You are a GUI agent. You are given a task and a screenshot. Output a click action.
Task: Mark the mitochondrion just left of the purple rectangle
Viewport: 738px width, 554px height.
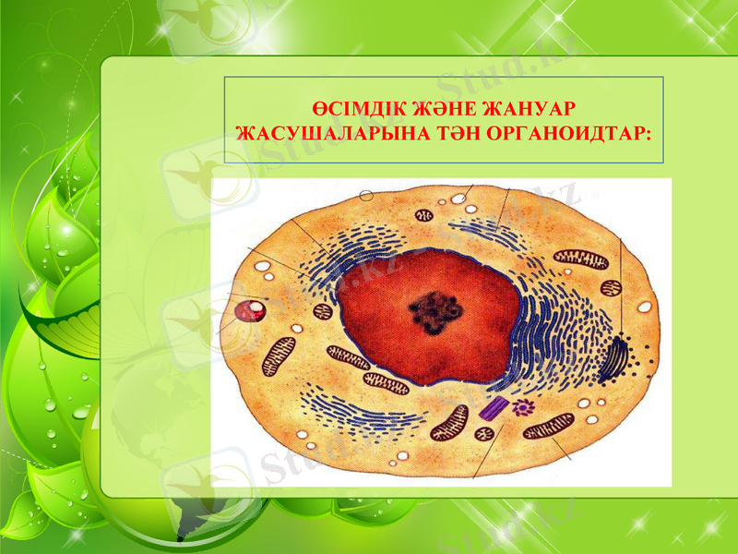[x=451, y=422]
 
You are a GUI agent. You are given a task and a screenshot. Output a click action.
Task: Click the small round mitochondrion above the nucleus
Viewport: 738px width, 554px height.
[x=423, y=216]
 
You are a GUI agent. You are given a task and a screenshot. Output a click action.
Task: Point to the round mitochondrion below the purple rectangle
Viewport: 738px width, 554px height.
[x=484, y=433]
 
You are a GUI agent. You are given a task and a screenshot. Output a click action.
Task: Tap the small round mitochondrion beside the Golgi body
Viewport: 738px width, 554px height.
[x=609, y=290]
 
